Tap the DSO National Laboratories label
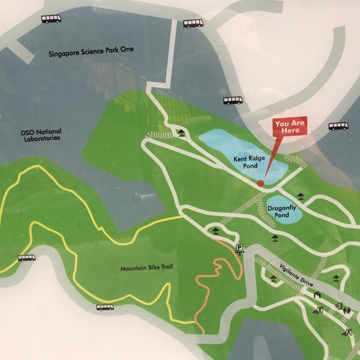pyautogui.click(x=38, y=134)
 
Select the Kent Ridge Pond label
pyautogui.click(x=247, y=163)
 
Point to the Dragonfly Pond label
pyautogui.click(x=282, y=211)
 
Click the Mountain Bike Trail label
pyautogui.click(x=146, y=268)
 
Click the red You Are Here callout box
pyautogui.click(x=290, y=126)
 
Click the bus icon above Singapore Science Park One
pyautogui.click(x=52, y=19)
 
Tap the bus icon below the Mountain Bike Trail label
pyautogui.click(x=106, y=307)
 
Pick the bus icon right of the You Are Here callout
pyautogui.click(x=338, y=127)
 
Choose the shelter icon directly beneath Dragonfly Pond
pyautogui.click(x=275, y=238)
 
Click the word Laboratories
pyautogui.click(x=38, y=138)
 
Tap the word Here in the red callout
pyautogui.click(x=290, y=130)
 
